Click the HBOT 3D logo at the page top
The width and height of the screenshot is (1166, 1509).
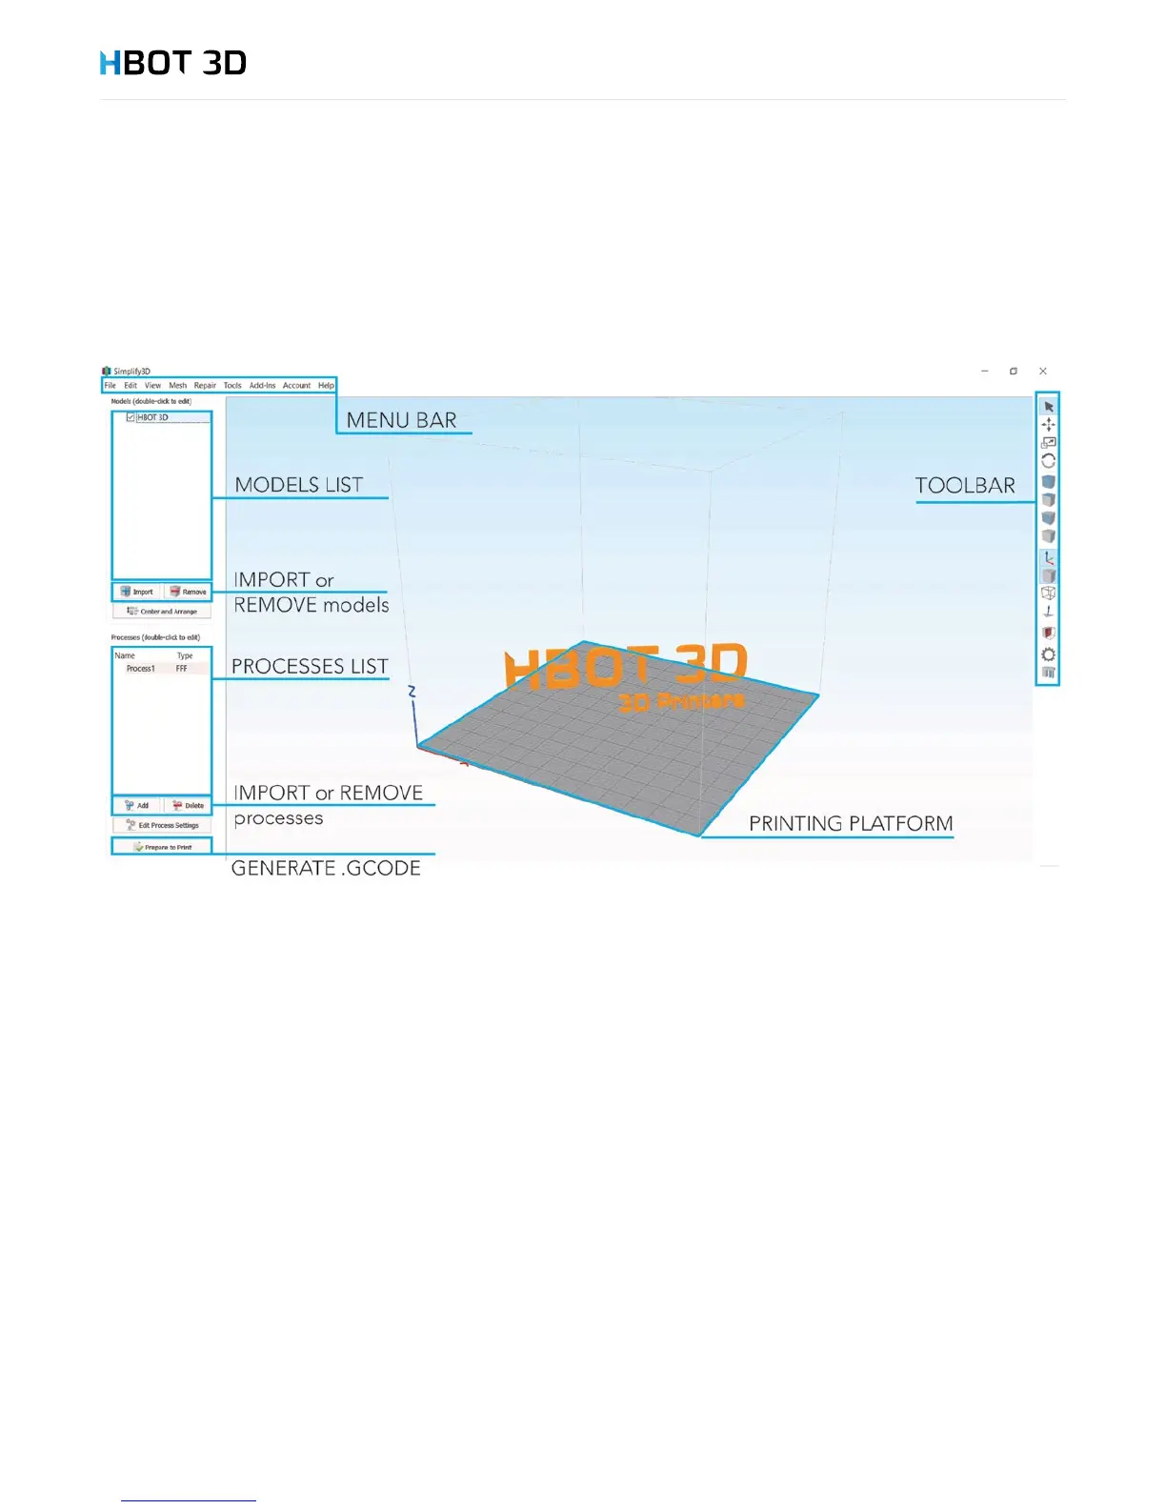(173, 63)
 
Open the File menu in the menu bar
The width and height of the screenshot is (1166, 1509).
(111, 386)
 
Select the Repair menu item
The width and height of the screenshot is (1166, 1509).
(205, 386)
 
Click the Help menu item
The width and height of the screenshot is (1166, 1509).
(326, 386)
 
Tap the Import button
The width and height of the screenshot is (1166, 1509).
(137, 592)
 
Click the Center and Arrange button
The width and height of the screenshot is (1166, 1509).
(162, 612)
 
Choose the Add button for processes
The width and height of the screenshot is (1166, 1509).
(137, 806)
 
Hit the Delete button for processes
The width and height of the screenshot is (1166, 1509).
(189, 806)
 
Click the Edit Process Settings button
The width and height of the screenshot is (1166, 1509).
(162, 826)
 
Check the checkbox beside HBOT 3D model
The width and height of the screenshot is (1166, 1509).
(131, 417)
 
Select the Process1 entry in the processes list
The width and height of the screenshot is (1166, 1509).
(141, 669)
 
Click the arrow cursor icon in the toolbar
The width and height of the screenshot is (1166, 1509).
(1049, 407)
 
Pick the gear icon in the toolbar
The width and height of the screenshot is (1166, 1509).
(1049, 654)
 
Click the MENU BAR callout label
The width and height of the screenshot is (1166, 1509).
(401, 420)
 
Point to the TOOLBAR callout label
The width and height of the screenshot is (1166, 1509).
(965, 486)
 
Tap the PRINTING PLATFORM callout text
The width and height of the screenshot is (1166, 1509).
(851, 823)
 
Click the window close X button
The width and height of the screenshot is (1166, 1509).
(1043, 372)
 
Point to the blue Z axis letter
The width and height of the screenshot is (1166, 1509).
(412, 692)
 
